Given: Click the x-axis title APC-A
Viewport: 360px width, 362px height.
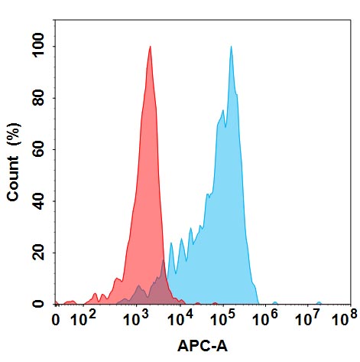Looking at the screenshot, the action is (x=203, y=346).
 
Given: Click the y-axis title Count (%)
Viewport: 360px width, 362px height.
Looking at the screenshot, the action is (x=13, y=161).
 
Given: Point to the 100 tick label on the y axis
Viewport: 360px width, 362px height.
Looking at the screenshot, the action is (x=38, y=47).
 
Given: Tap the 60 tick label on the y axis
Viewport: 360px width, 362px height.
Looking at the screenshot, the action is (x=38, y=150).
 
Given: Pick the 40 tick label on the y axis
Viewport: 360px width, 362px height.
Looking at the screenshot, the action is (x=38, y=201).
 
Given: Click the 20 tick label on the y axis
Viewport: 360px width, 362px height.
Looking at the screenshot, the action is (x=38, y=253).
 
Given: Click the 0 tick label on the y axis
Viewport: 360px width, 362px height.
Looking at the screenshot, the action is (x=38, y=304).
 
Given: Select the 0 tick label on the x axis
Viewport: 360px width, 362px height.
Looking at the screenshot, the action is (x=56, y=320).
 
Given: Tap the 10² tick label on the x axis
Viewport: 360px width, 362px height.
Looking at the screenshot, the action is (x=83, y=318).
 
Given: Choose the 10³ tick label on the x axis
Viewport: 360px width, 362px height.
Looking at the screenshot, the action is (x=136, y=318).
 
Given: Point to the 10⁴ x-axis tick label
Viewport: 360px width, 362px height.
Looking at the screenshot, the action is (x=180, y=318).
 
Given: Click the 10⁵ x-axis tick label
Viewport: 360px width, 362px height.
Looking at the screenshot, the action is (x=223, y=318).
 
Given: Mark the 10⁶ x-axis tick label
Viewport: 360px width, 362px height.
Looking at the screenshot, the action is (x=265, y=318).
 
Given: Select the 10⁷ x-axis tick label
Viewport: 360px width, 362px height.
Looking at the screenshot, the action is (x=307, y=318).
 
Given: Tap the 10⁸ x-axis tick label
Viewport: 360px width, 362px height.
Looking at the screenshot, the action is (x=345, y=318).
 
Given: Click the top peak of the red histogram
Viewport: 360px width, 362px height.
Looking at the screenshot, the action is (x=151, y=47).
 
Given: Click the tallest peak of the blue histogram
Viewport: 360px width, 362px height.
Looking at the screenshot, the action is (x=231, y=47).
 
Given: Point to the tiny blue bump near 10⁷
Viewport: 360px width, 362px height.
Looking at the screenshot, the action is (x=319, y=303).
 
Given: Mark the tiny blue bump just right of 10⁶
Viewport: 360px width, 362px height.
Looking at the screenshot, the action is (x=275, y=303).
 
